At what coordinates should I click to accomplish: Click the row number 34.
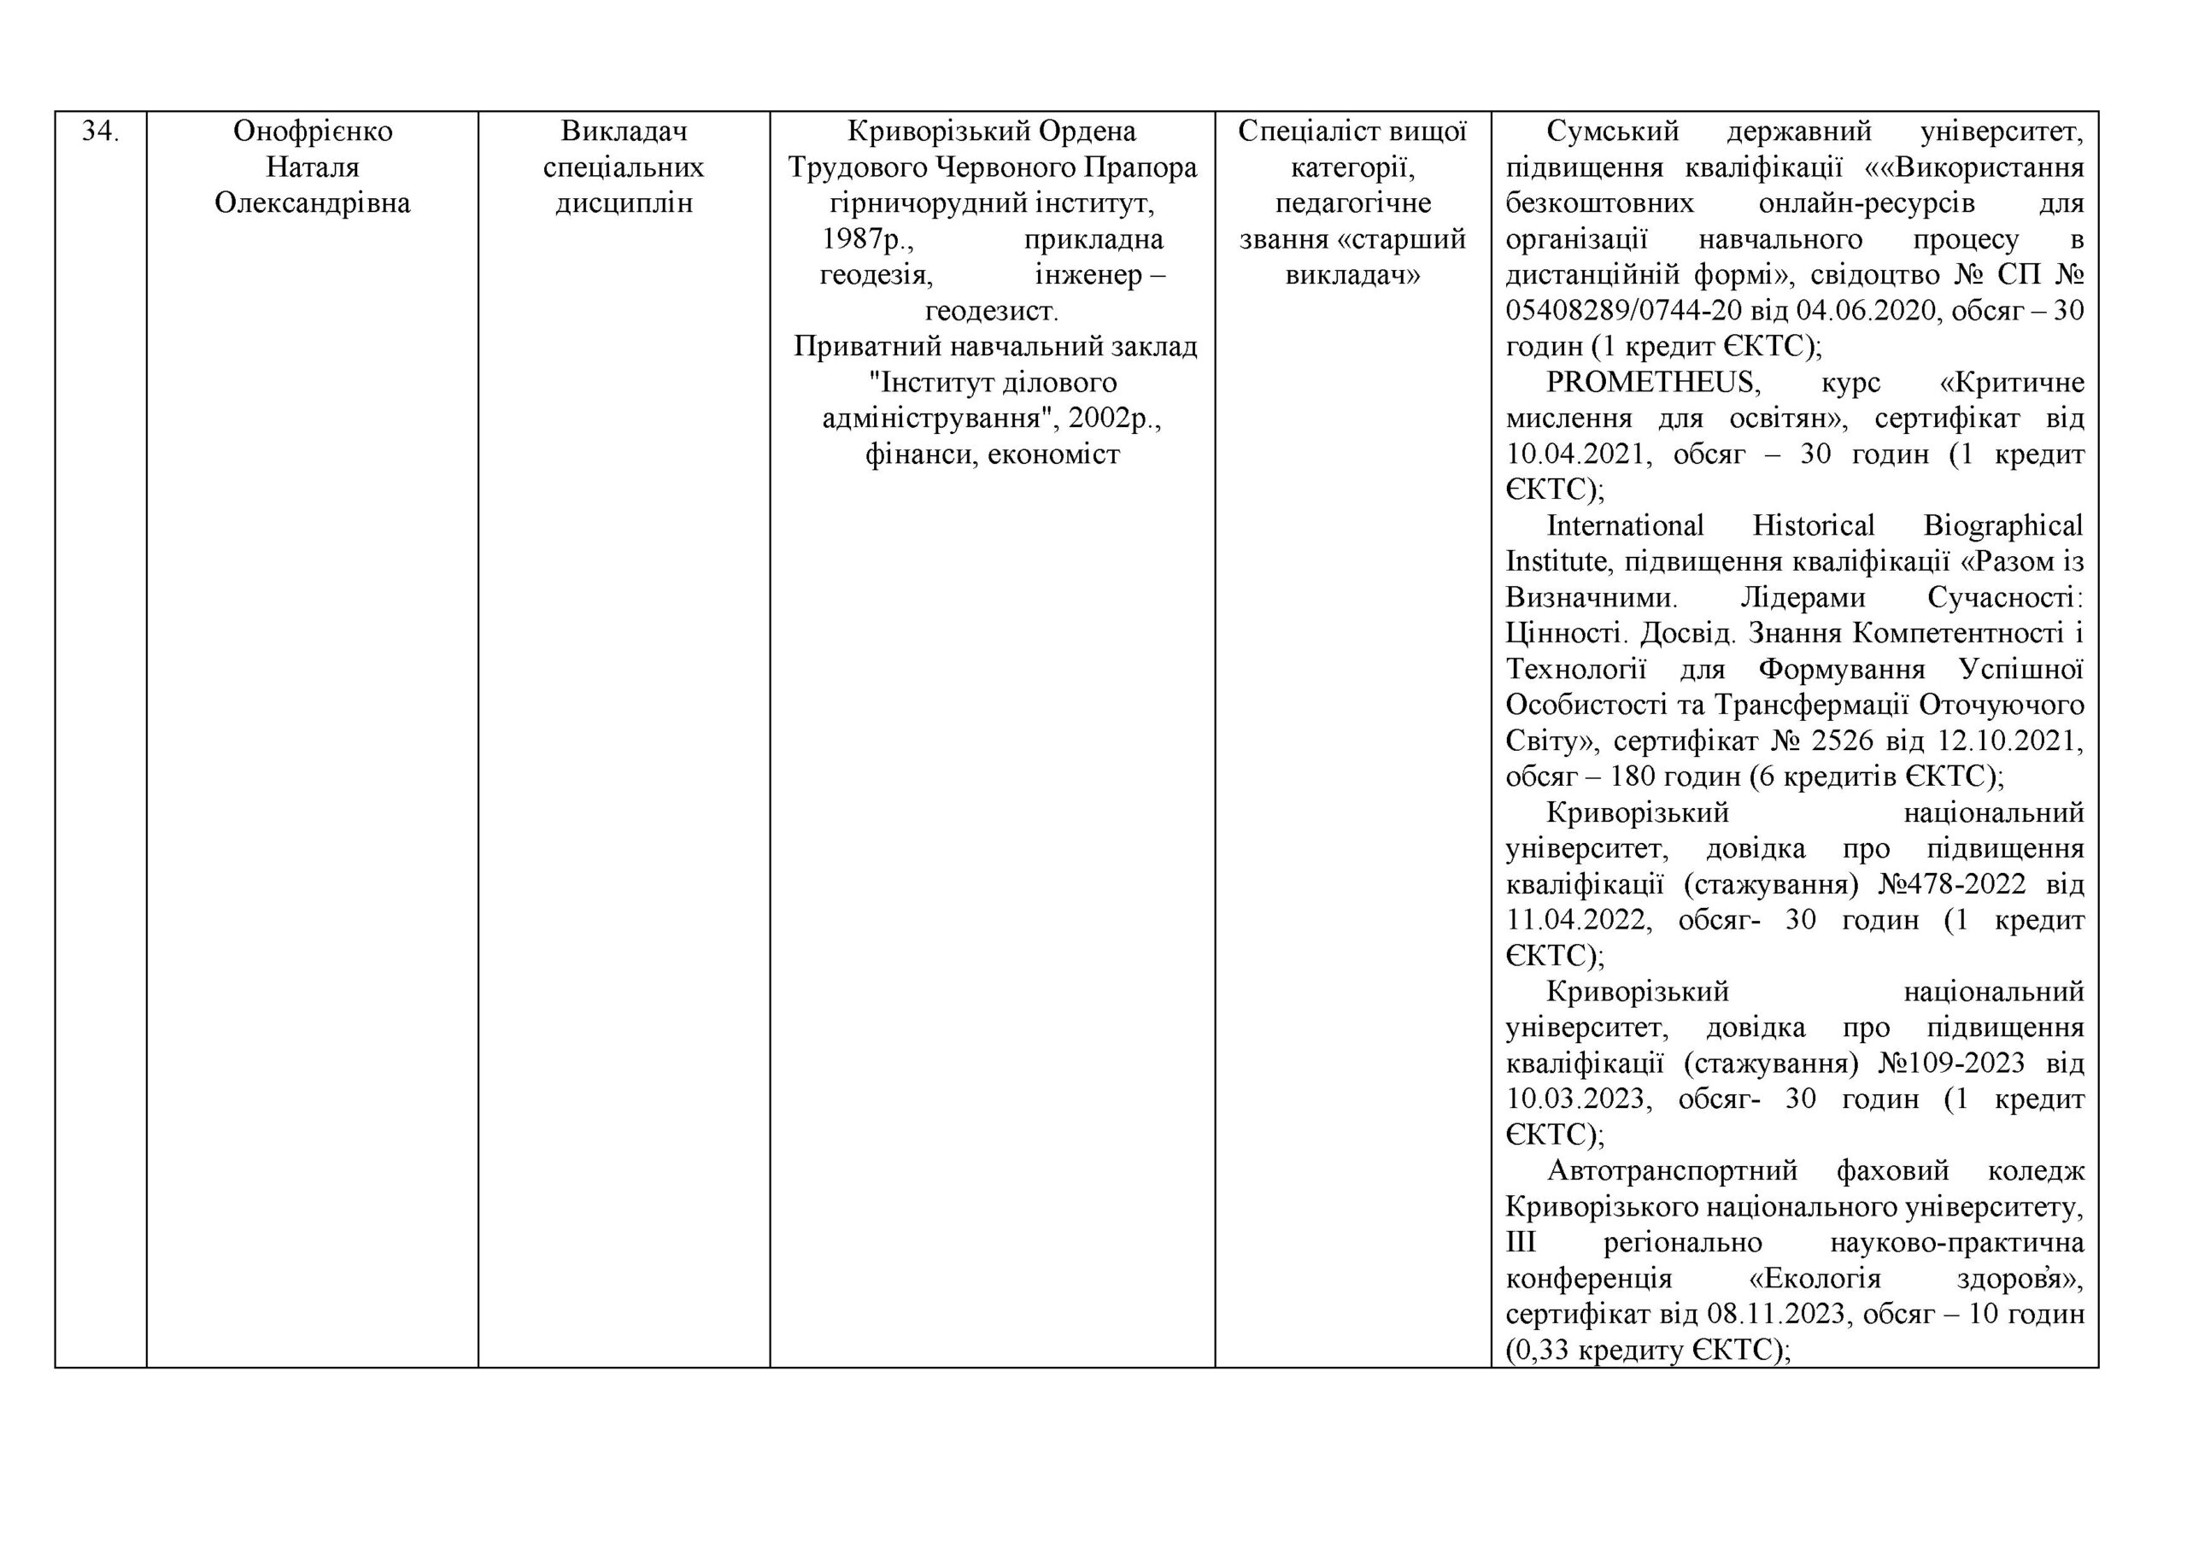(x=100, y=132)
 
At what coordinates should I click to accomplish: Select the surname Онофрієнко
(x=313, y=132)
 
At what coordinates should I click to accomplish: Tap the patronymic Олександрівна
(x=313, y=203)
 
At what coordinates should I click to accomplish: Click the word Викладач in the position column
(x=624, y=132)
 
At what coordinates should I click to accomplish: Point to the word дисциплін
(x=624, y=203)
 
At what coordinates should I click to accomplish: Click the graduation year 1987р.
(x=868, y=239)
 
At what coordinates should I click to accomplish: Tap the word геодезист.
(x=992, y=311)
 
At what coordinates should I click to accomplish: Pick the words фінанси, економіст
(x=992, y=454)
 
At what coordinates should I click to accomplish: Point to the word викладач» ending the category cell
(x=1352, y=275)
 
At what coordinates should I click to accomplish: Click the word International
(x=1625, y=526)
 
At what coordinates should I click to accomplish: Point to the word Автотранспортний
(x=1673, y=1171)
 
